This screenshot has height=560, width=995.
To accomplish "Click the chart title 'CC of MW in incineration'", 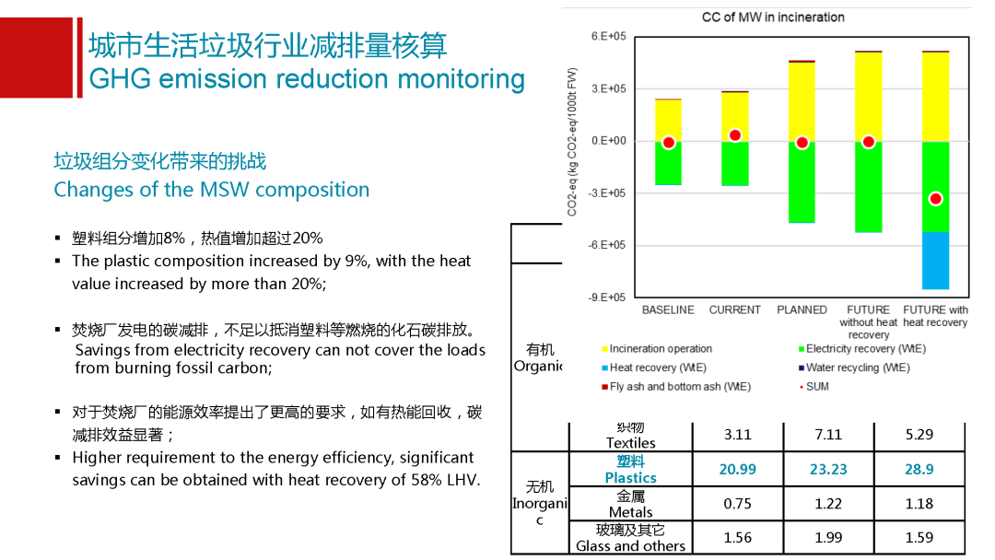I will (773, 17).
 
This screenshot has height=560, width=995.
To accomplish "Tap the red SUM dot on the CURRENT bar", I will (734, 135).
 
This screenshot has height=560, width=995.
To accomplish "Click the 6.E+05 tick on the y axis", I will (608, 36).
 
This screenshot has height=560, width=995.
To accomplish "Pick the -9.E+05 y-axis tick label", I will (607, 297).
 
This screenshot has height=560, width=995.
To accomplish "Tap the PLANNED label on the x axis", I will (802, 310).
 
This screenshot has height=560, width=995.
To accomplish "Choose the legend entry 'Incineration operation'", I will (660, 349).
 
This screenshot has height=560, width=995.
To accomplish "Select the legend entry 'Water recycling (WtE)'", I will (857, 367).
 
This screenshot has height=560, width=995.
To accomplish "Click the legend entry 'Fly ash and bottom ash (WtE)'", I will (679, 387).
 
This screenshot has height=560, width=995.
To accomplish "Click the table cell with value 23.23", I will (828, 470).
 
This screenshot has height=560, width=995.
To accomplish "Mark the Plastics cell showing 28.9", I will (919, 470).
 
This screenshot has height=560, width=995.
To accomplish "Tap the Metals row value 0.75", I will (738, 504).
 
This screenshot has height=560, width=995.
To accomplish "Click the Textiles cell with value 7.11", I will (828, 435).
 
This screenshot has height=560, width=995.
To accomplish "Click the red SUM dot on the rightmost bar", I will (935, 199).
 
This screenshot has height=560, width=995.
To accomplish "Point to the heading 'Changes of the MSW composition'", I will (211, 190).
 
